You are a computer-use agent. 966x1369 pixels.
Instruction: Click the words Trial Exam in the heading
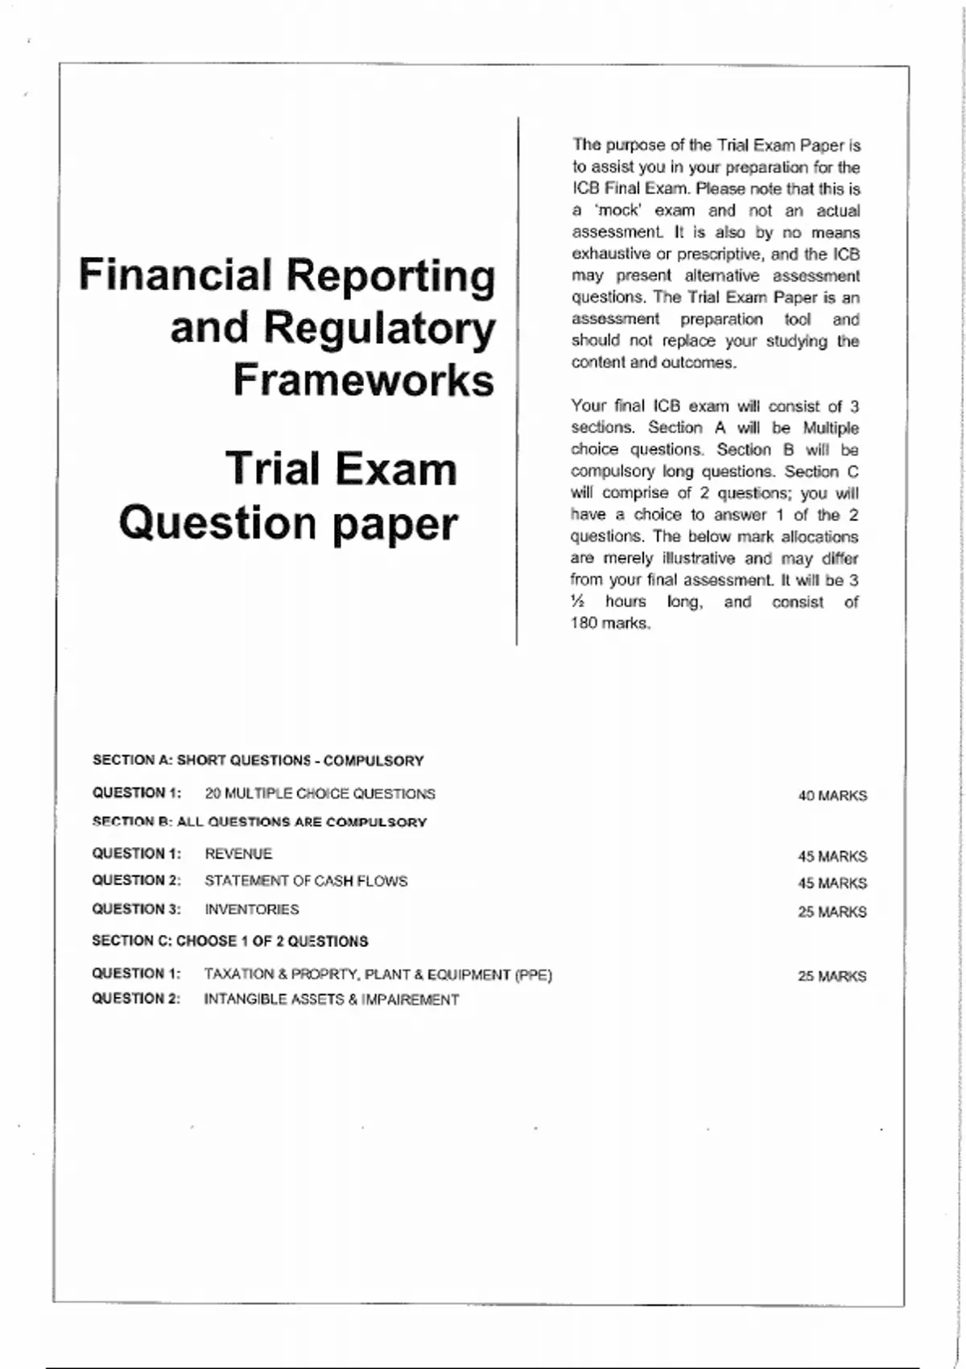click(x=341, y=469)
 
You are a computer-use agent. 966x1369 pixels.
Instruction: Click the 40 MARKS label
click(x=832, y=796)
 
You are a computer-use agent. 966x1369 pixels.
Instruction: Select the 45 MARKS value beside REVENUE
click(x=832, y=856)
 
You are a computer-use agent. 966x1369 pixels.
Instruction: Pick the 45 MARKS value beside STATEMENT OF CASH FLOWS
click(x=832, y=883)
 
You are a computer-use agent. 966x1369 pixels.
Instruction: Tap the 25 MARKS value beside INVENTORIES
click(x=832, y=912)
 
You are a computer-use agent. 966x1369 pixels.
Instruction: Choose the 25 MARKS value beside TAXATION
click(x=832, y=976)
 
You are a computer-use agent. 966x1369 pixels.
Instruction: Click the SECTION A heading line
click(x=258, y=760)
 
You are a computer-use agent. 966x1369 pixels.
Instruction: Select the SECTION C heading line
click(x=229, y=941)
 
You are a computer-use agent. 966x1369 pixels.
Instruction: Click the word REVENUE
click(x=238, y=854)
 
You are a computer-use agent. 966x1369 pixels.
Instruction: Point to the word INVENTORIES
click(x=251, y=909)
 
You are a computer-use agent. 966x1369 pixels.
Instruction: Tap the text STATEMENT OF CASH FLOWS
click(x=306, y=881)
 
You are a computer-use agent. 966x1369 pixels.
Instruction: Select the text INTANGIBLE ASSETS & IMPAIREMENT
click(x=331, y=999)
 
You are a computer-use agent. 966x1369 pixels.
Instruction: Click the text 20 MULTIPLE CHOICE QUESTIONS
click(x=320, y=794)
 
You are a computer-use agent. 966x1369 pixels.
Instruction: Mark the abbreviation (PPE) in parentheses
click(x=533, y=975)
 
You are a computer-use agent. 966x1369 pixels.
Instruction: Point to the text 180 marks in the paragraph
click(x=609, y=623)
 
